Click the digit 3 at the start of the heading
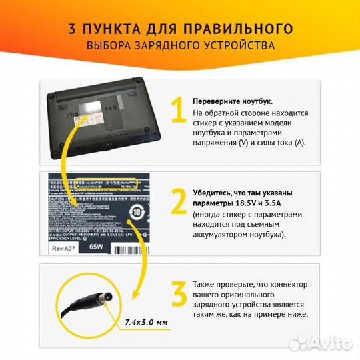(x=71, y=29)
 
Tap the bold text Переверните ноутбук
(x=232, y=101)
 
